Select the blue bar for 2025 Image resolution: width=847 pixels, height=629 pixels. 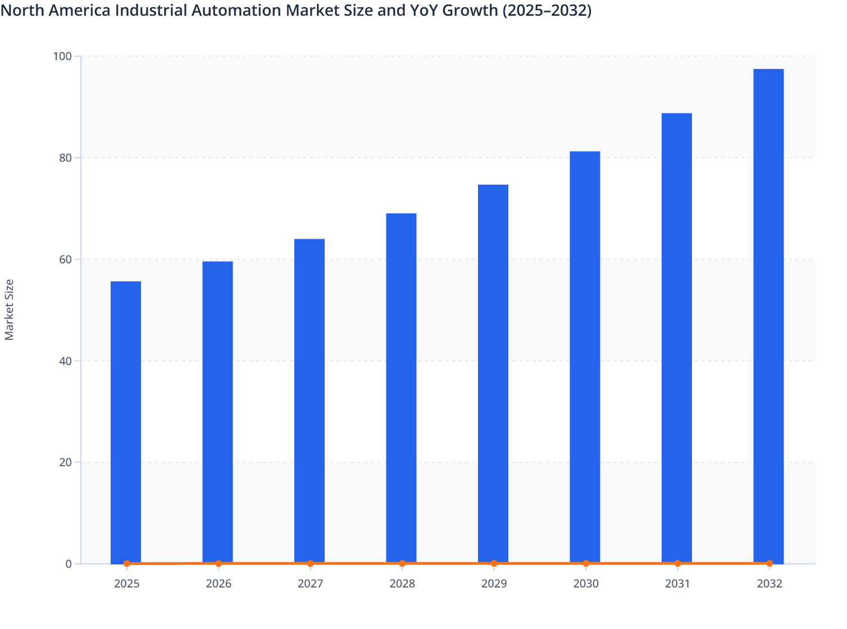click(x=126, y=421)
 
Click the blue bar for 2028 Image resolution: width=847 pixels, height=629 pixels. click(x=402, y=388)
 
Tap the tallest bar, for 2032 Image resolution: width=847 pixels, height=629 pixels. click(x=768, y=314)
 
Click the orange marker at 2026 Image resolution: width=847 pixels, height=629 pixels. click(x=218, y=563)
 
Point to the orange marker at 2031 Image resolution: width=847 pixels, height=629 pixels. click(x=677, y=563)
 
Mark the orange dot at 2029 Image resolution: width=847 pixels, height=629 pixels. click(x=494, y=563)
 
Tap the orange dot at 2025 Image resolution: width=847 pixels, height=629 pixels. click(x=127, y=563)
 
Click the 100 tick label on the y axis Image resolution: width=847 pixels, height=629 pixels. click(x=62, y=56)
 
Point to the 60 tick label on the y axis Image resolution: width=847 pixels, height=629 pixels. click(x=65, y=259)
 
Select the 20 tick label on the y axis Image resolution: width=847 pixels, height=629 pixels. click(x=65, y=462)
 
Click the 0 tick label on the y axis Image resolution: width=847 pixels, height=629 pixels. click(x=69, y=564)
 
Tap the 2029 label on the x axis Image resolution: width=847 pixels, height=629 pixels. click(x=494, y=584)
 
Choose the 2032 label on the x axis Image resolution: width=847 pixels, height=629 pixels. click(x=769, y=584)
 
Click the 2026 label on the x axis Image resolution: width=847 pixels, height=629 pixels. click(x=218, y=584)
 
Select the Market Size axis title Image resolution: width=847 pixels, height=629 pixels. click(x=9, y=309)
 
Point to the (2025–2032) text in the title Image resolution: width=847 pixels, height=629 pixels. click(x=547, y=10)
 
